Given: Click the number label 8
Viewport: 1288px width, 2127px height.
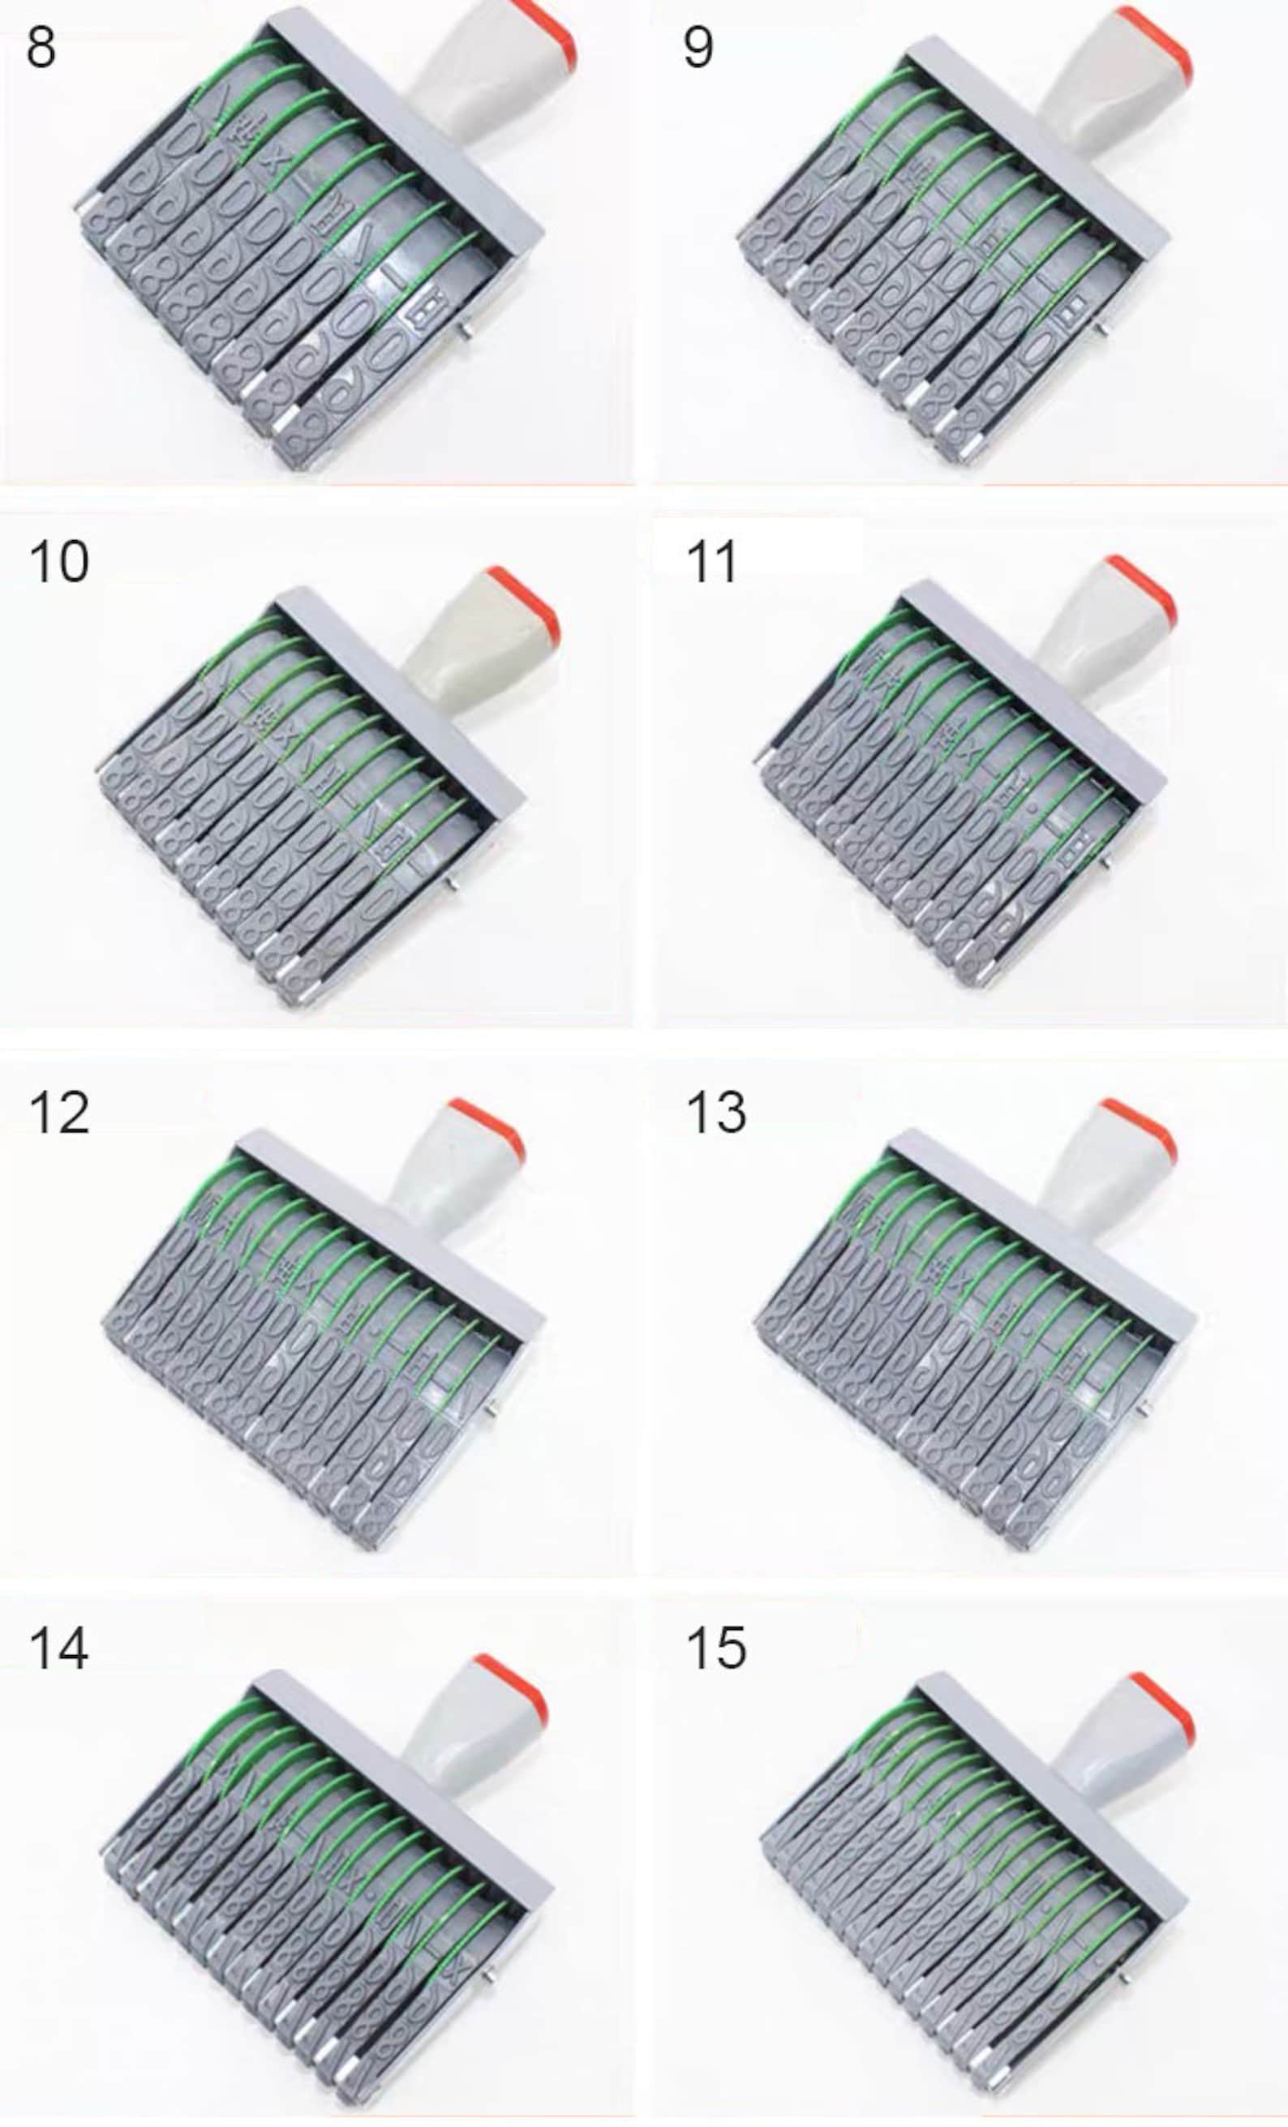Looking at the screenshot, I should (41, 48).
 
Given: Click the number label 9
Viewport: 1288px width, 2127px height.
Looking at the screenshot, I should (698, 48).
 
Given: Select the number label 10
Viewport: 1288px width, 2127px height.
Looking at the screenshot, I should (58, 562).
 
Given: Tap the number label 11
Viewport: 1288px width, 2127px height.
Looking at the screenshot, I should (711, 562).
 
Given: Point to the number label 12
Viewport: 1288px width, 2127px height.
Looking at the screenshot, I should (58, 1113).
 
